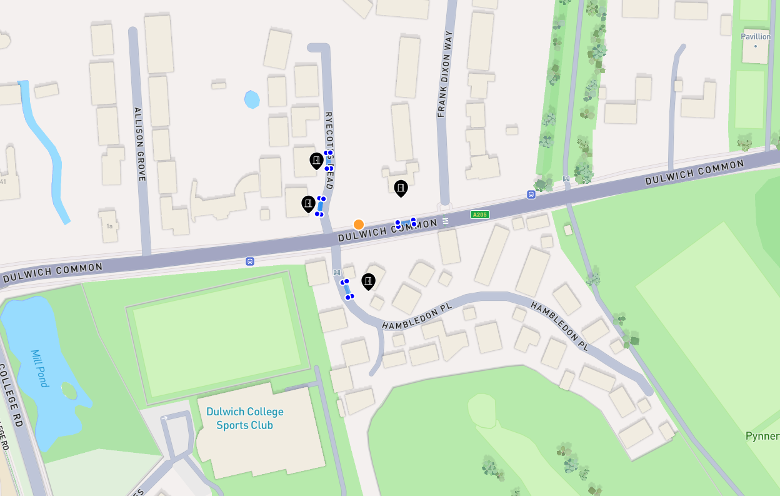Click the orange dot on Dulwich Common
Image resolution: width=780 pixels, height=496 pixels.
(x=359, y=225)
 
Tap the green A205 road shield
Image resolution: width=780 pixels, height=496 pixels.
(x=480, y=215)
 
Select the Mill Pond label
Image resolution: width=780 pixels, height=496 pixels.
(x=39, y=368)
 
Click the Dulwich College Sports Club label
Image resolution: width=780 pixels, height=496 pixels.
(x=245, y=418)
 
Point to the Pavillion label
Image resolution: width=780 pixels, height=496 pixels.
(x=756, y=37)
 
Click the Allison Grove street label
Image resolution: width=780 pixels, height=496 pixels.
(x=140, y=144)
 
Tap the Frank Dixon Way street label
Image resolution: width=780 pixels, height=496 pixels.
(x=444, y=74)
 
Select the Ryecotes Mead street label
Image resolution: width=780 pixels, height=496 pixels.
(x=329, y=150)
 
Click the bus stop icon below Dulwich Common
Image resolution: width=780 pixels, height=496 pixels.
(x=250, y=261)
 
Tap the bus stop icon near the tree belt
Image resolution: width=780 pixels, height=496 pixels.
(x=531, y=195)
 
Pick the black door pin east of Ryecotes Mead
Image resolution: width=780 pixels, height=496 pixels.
(x=401, y=188)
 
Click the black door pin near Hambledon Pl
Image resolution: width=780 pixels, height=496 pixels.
(x=369, y=281)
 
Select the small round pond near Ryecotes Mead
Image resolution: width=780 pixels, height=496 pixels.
(x=252, y=99)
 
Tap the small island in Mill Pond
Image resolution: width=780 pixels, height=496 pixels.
(x=69, y=391)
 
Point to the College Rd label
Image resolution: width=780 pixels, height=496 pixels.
(x=12, y=398)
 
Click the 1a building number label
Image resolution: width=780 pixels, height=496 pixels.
(x=109, y=226)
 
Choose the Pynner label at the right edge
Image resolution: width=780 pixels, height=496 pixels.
(x=762, y=436)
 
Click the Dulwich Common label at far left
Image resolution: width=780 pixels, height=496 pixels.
(x=52, y=272)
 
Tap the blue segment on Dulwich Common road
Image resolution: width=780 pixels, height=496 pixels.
(x=406, y=223)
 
